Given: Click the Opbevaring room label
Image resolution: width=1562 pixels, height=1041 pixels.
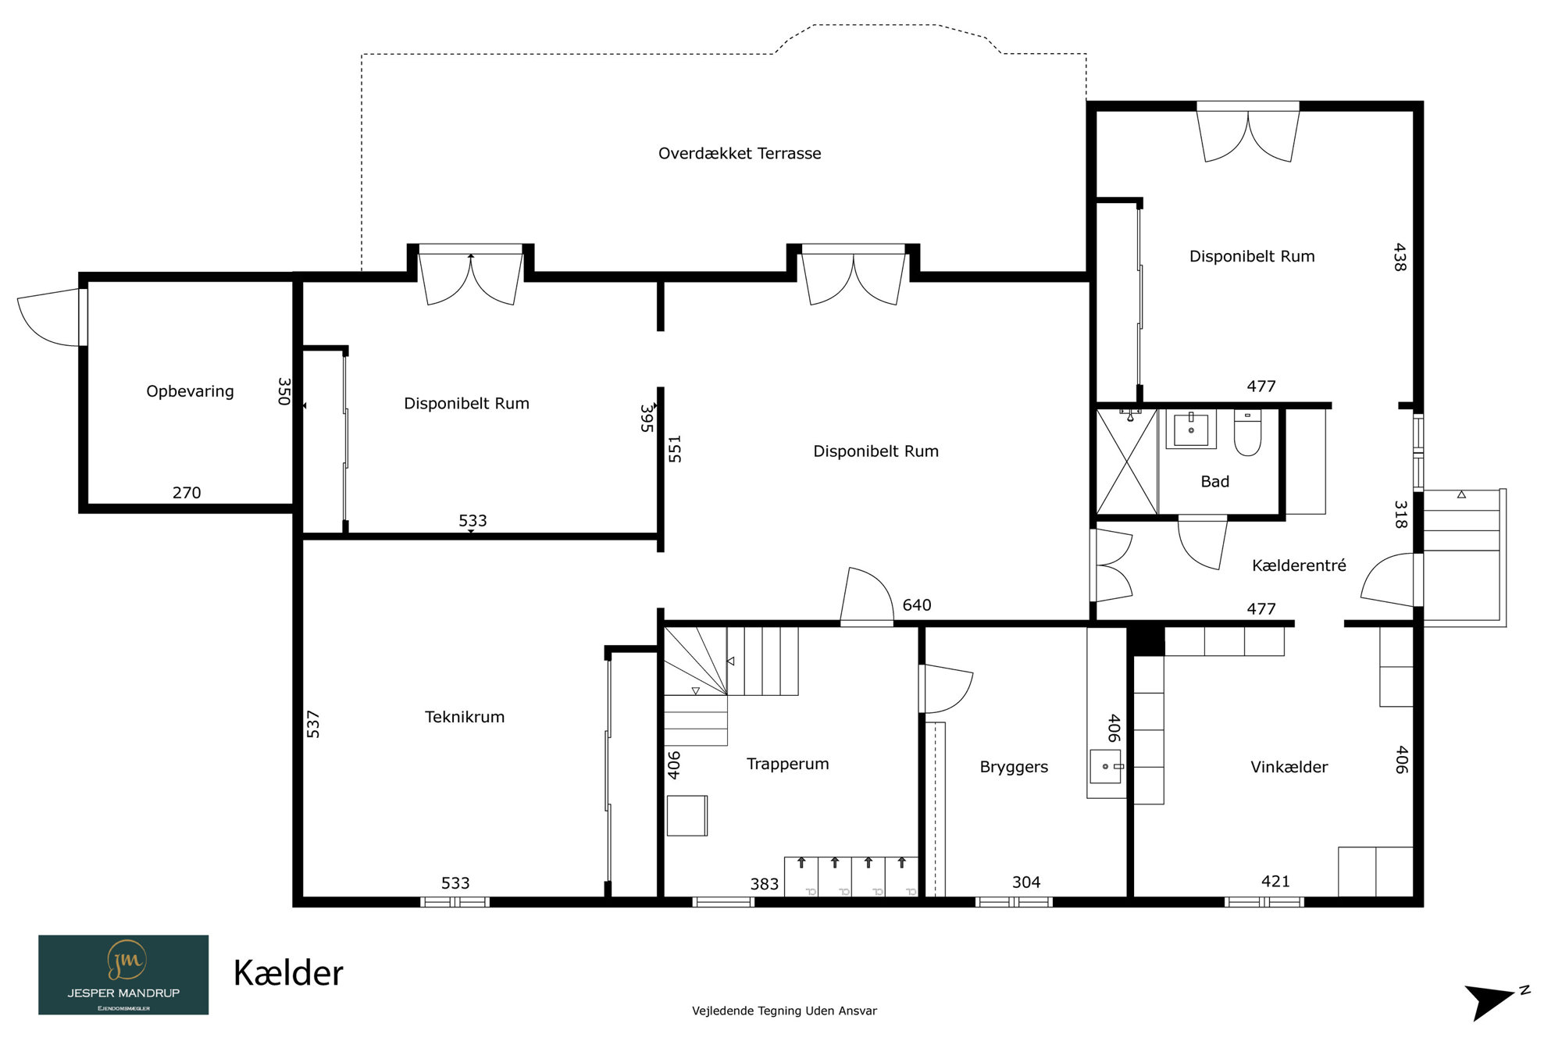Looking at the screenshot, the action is coord(190,391).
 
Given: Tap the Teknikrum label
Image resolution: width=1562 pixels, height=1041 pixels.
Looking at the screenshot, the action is coord(465,717).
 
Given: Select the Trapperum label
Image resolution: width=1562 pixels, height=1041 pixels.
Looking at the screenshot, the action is coord(787,764).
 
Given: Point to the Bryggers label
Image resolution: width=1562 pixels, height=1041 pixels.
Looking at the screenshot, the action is coord(1014,767).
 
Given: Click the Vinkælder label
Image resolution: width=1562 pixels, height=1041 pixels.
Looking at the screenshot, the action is coord(1289,767).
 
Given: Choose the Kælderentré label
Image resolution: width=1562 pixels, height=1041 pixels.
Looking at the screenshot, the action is coord(1299,565).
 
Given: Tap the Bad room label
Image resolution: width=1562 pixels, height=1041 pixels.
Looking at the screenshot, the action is coord(1214,482).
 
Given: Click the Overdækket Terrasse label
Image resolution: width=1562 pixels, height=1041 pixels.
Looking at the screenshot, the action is coord(740,154).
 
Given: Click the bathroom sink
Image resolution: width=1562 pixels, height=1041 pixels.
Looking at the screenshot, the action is coord(1191,430).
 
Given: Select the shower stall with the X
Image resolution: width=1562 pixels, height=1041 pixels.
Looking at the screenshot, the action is coord(1126,461).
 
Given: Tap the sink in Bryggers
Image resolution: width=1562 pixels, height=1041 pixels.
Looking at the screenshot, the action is coord(1105,766).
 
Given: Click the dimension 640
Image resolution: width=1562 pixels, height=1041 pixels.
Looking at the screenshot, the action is coord(917,605).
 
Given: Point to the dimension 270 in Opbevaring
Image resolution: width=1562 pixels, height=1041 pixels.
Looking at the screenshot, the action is coord(187,493).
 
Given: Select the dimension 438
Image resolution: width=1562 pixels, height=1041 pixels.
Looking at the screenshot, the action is coord(1400,257).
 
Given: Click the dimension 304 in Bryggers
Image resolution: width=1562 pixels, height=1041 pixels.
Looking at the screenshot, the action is coord(1026,882).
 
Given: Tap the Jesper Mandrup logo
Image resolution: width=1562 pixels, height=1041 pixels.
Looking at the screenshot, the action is coord(123,975).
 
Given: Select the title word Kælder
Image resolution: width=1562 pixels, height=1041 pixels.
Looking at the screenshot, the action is coord(288,973).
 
